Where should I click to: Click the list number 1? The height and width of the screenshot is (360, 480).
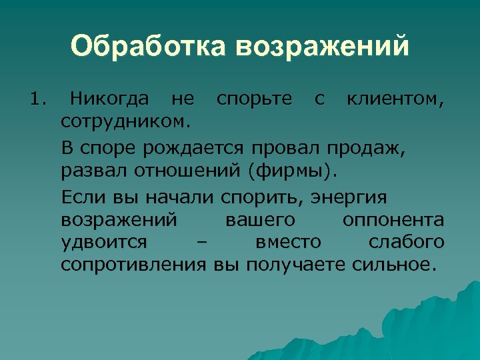click(37, 100)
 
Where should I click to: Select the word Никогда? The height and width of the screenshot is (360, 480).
click(110, 100)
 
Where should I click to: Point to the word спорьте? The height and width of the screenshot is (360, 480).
click(254, 100)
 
